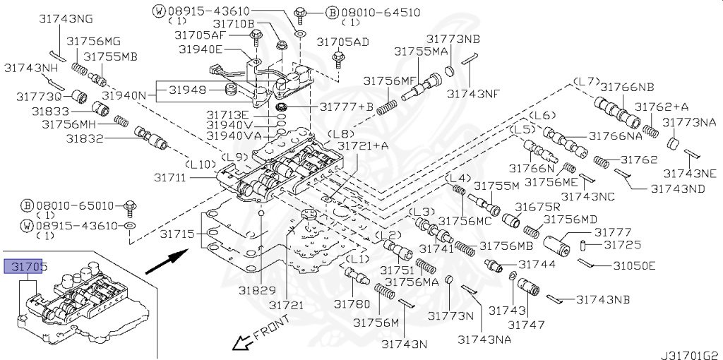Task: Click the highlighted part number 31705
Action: pyautogui.click(x=26, y=266)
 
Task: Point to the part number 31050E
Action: pyautogui.click(x=634, y=265)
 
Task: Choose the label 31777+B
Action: pyautogui.click(x=346, y=107)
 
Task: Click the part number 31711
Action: pyautogui.click(x=172, y=178)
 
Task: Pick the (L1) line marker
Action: pyautogui.click(x=360, y=259)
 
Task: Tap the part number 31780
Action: pyautogui.click(x=352, y=304)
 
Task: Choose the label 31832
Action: pyautogui.click(x=85, y=138)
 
